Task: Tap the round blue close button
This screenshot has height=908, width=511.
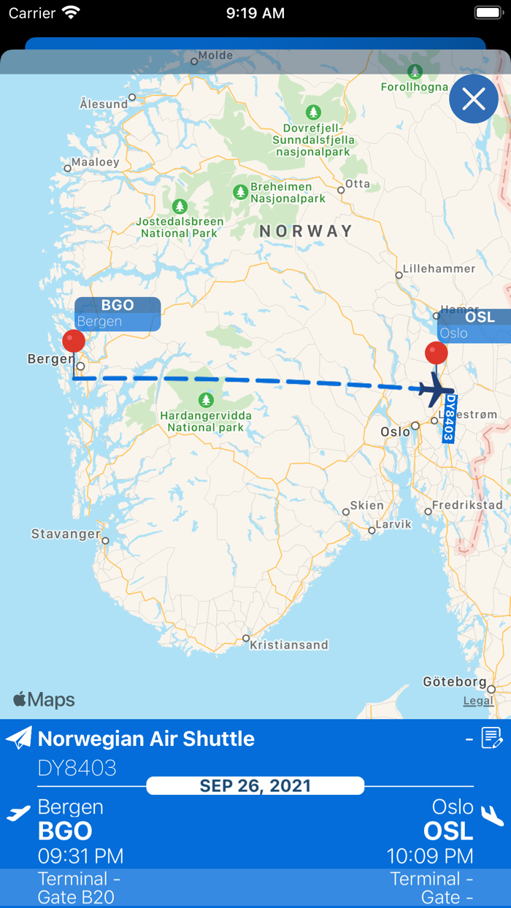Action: (474, 99)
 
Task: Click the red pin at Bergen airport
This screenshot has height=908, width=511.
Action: (73, 341)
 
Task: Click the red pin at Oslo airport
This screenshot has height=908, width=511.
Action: (437, 353)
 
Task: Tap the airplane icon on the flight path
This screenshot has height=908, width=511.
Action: (437, 390)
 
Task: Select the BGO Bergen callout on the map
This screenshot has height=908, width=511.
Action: (118, 314)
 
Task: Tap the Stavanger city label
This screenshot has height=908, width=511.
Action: (66, 534)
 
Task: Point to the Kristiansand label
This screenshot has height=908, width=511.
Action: (288, 645)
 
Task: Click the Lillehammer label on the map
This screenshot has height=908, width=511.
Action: (439, 269)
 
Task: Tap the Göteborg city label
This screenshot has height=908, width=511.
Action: (454, 682)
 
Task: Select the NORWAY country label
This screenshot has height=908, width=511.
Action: (306, 231)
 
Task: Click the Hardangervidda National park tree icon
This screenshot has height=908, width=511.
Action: (207, 400)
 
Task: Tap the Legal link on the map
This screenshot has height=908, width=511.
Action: (478, 701)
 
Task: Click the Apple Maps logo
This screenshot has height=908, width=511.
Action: (44, 700)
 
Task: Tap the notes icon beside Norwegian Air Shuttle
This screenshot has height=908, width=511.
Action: (492, 739)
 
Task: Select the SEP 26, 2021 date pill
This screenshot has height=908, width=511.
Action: (255, 786)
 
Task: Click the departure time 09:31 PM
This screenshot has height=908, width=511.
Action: (80, 855)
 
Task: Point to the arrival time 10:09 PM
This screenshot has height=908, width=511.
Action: (430, 855)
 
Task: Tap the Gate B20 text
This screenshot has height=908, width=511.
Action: (76, 897)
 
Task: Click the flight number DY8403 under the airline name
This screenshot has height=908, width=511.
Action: (77, 768)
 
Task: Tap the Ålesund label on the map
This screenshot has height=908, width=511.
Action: (103, 104)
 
